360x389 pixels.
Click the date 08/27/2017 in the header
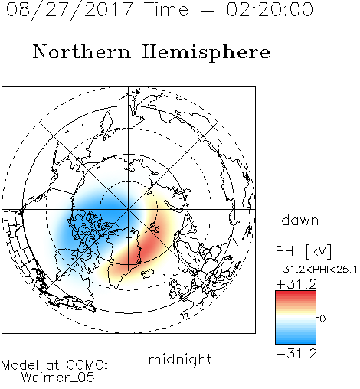pyautogui.click(x=69, y=10)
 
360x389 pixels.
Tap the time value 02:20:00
pyautogui.click(x=270, y=10)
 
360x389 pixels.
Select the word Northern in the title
pyautogui.click(x=82, y=52)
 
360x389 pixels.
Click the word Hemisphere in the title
pyautogui.click(x=206, y=53)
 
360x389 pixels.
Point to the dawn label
pyautogui.click(x=300, y=220)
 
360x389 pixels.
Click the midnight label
pyautogui.click(x=180, y=360)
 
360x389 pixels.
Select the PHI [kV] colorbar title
pyautogui.click(x=303, y=251)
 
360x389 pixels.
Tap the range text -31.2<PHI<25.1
pyautogui.click(x=316, y=270)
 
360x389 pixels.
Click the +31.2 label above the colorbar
pyautogui.click(x=296, y=284)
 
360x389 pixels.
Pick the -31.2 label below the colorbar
pyautogui.click(x=296, y=354)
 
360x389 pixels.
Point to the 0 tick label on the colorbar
pyautogui.click(x=322, y=319)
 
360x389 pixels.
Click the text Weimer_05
pyautogui.click(x=57, y=378)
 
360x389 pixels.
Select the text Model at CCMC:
pyautogui.click(x=54, y=365)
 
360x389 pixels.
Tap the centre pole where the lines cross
pyautogui.click(x=129, y=210)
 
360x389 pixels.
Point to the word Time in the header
pyautogui.click(x=166, y=10)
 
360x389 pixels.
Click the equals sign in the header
pyautogui.click(x=208, y=10)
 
